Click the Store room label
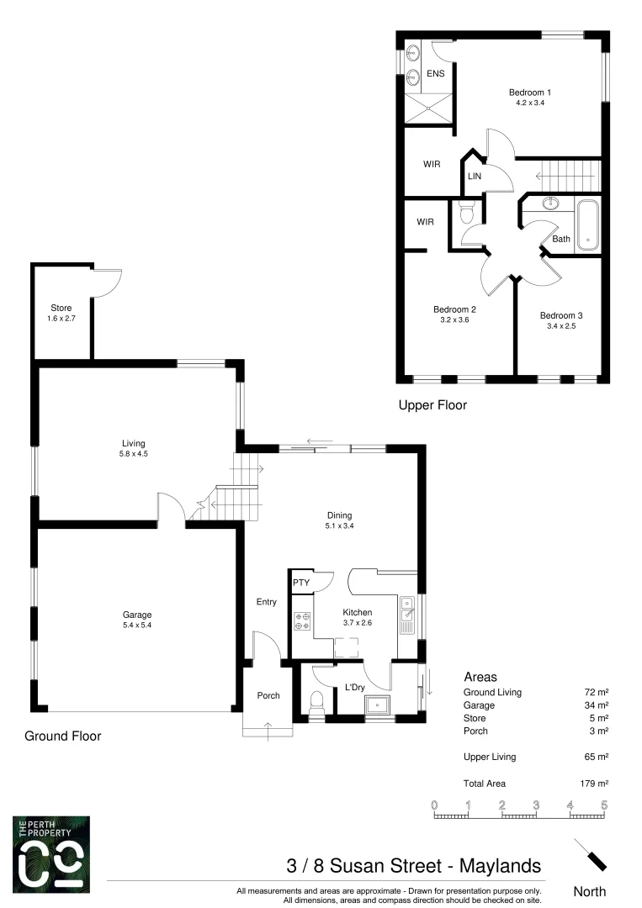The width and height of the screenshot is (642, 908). tap(61, 308)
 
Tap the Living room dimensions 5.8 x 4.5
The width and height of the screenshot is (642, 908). tap(133, 454)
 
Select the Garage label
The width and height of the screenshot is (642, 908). tap(136, 614)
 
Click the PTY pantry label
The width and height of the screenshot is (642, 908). tap(300, 583)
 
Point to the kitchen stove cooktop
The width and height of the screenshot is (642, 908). tap(302, 621)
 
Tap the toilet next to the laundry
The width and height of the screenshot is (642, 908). tap(317, 701)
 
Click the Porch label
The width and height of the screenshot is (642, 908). tap(268, 695)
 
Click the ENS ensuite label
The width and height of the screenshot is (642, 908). tap(435, 74)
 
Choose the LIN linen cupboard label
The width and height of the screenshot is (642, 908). tap(474, 177)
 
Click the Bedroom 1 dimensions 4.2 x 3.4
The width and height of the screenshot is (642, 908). tap(529, 103)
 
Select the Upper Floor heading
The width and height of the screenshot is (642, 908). tap(432, 405)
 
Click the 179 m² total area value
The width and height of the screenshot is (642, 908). tap(596, 783)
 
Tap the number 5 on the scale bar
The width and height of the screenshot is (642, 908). tap(604, 805)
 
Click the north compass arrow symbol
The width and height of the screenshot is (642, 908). tap(591, 855)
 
